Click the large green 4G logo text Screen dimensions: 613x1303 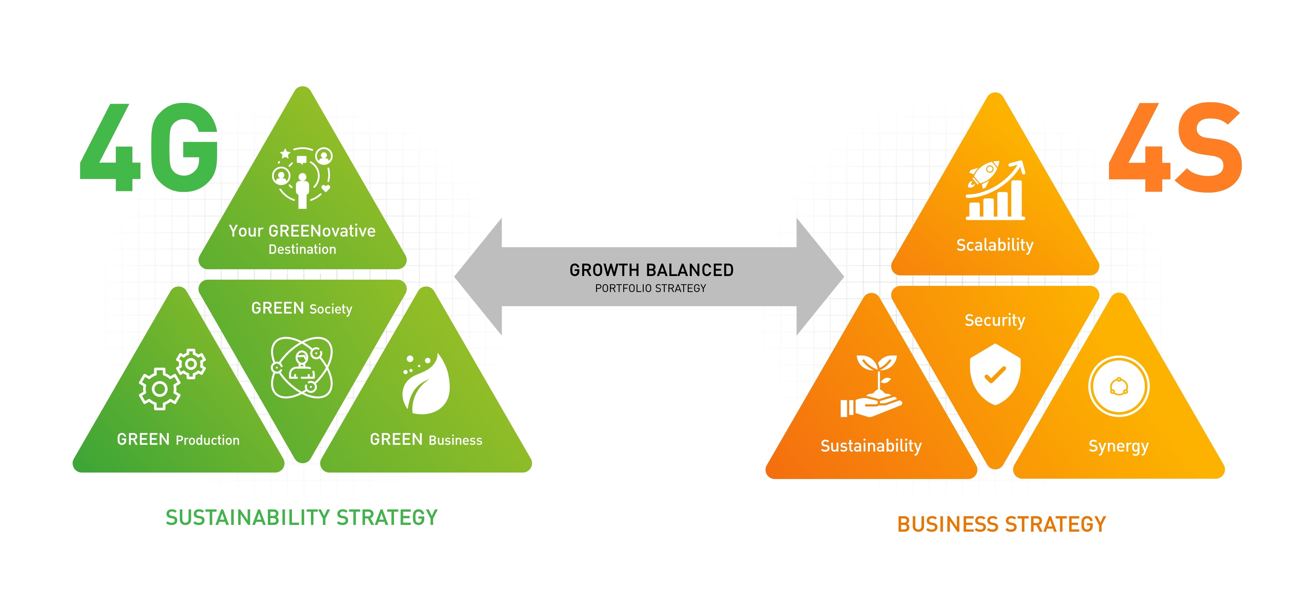tap(150, 148)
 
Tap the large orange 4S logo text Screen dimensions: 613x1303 tap(1175, 148)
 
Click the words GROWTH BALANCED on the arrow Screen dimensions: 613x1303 tap(651, 270)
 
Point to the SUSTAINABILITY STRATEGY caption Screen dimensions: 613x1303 tap(301, 517)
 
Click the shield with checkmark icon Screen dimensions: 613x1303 tap(994, 374)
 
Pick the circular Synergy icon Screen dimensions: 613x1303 tap(1118, 386)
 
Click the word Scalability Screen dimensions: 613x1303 tap(994, 245)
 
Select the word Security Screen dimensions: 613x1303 tap(994, 320)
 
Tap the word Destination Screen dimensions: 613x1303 tap(302, 249)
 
